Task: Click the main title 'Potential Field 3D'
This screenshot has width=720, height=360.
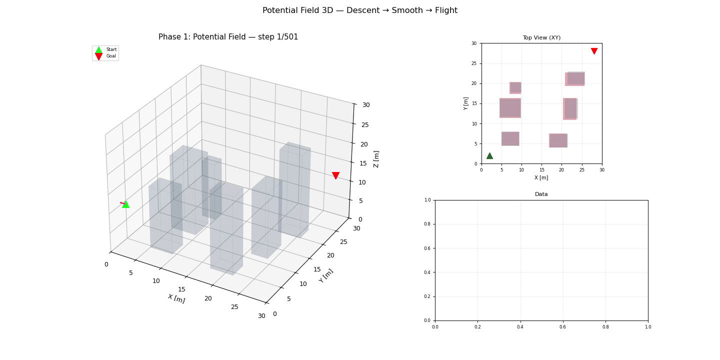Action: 359,10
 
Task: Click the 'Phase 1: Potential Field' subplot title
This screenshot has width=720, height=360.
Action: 228,37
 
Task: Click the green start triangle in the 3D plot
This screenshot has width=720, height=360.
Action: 125,204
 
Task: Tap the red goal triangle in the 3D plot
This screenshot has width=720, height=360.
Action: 335,175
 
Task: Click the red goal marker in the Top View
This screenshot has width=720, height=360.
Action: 594,51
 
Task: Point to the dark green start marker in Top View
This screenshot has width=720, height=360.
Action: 489,156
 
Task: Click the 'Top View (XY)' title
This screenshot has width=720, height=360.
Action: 541,38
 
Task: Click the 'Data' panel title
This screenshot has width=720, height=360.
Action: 541,194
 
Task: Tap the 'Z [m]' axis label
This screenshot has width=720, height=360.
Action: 376,159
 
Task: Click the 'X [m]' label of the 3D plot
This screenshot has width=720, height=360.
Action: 176,298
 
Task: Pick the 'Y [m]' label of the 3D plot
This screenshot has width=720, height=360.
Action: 326,276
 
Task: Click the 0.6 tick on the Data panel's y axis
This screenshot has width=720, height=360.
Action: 429,248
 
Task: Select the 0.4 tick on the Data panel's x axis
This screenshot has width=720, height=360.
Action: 520,326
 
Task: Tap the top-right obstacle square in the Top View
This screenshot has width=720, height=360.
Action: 575,79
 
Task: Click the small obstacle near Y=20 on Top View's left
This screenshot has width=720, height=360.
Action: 515,88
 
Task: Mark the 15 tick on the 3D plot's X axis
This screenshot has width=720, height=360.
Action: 181,289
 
